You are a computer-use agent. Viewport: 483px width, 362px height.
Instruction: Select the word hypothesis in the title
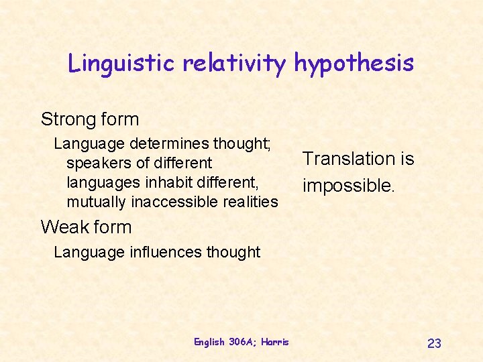354,63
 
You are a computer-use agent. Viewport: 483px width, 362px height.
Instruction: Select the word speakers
97,163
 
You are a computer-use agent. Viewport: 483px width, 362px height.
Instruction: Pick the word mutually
97,201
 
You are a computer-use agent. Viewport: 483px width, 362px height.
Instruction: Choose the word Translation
341,159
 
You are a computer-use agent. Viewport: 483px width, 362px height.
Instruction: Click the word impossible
347,185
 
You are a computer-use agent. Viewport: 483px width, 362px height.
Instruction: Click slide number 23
434,343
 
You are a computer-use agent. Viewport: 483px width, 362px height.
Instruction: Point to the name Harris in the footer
275,342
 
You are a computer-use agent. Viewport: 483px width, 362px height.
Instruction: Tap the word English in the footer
209,342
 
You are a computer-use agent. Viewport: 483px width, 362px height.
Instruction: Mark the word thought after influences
233,252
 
